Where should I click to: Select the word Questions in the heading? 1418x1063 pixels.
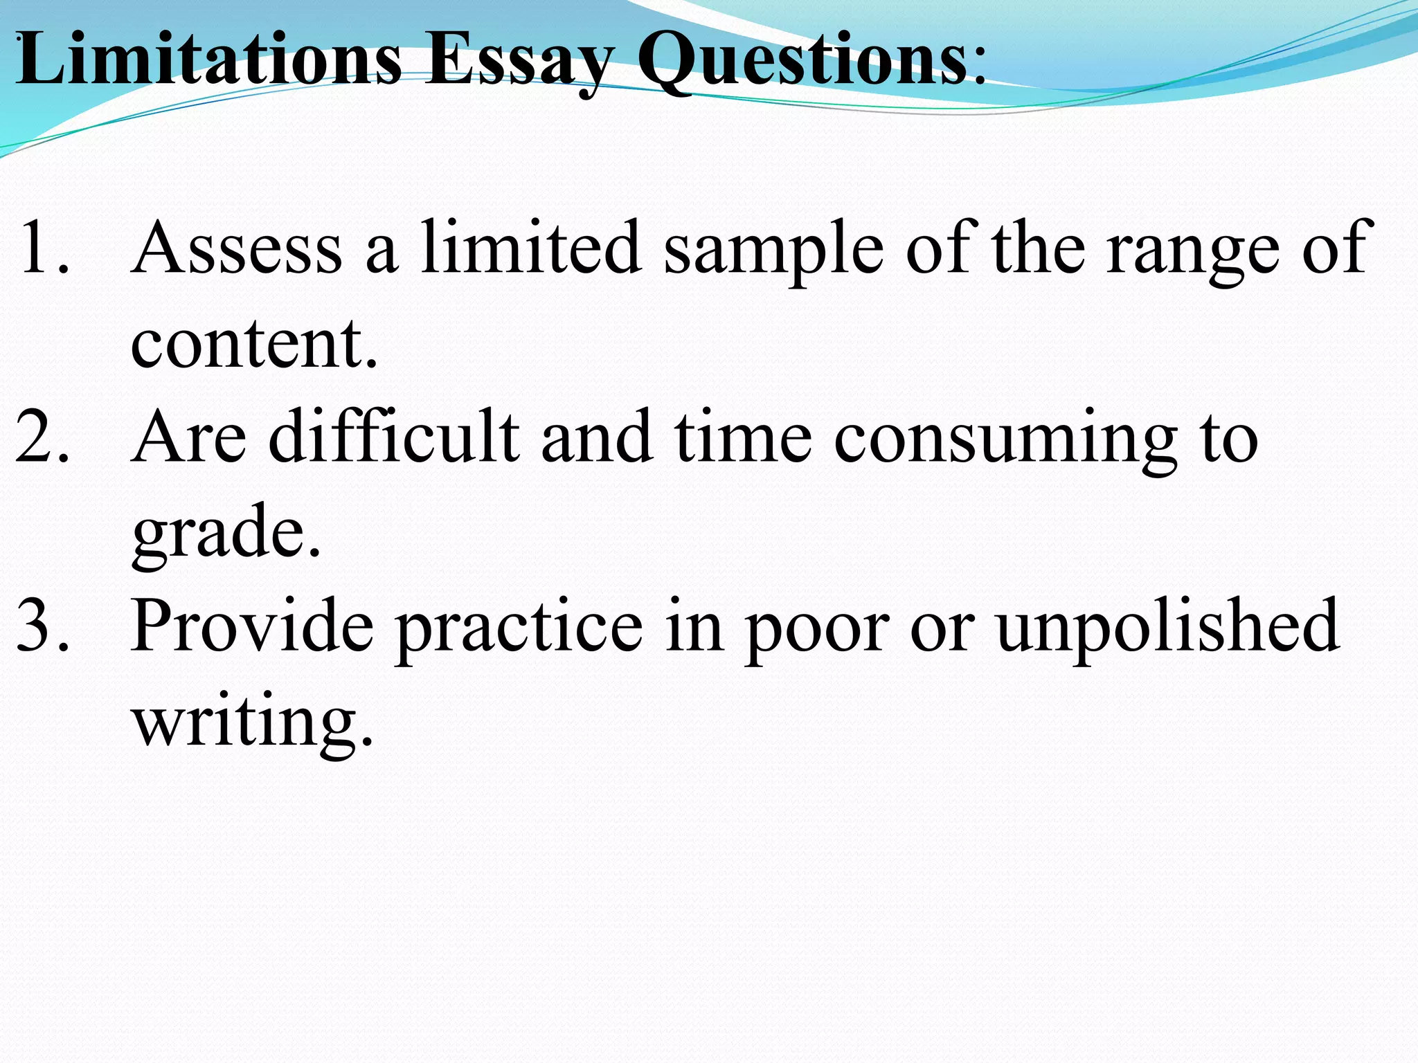pos(802,61)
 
